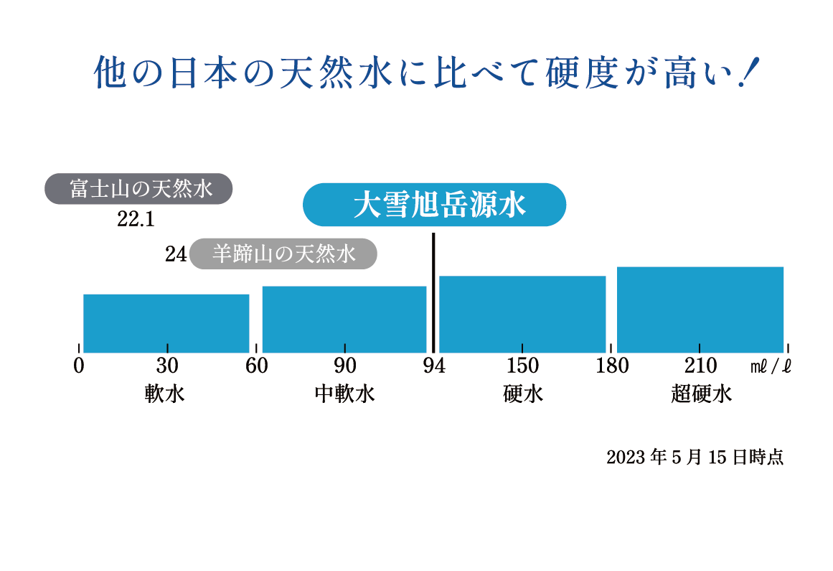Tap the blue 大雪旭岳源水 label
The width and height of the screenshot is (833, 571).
point(435,205)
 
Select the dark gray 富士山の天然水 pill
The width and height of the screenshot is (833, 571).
point(139,189)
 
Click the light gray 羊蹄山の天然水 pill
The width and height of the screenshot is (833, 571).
point(283,254)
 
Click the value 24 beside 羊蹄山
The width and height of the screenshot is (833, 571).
point(176,254)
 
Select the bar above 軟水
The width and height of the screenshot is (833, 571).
point(166,322)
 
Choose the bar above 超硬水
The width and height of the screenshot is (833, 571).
point(700,309)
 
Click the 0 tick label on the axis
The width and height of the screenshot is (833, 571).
point(79,366)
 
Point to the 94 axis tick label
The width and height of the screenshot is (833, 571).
point(433,366)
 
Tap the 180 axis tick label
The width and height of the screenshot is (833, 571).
point(612,366)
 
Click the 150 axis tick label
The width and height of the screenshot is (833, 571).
point(522,366)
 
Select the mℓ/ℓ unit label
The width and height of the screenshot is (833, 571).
point(771,367)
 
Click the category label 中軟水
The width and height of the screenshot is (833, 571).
point(344,394)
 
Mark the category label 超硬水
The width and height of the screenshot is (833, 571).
point(701,394)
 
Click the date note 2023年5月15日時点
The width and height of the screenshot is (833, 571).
point(695,458)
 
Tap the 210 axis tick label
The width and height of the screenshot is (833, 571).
point(700,366)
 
